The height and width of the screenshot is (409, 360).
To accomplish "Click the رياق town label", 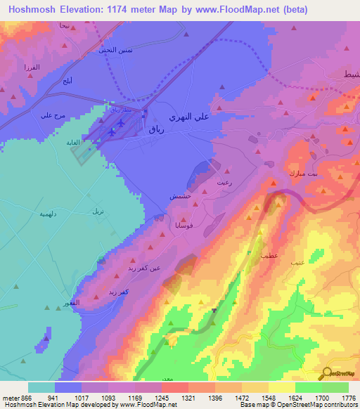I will tap(155, 130).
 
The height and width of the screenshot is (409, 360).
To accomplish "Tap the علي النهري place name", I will tap(191, 118).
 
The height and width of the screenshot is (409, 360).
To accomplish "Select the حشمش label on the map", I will tap(179, 197).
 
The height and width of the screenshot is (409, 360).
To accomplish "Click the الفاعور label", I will tap(68, 302).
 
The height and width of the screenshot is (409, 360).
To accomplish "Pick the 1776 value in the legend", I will tap(348, 398).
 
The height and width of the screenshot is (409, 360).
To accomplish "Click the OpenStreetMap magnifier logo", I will tap(326, 373).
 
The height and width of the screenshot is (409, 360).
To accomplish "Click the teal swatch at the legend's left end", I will tap(41, 387).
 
